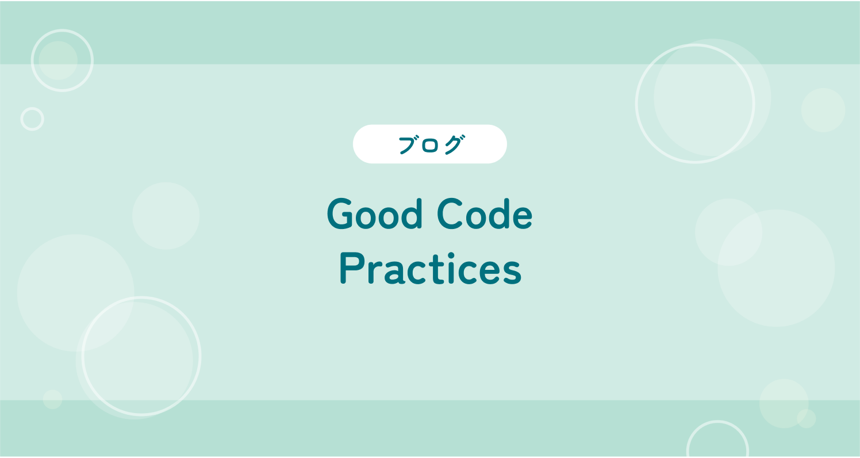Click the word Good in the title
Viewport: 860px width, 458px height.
[375, 213]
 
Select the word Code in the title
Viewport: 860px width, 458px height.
[485, 213]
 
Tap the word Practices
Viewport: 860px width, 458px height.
[431, 269]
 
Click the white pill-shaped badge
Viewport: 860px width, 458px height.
[430, 144]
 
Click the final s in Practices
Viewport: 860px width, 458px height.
[511, 272]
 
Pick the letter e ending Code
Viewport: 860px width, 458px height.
[521, 217]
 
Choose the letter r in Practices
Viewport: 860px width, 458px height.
[374, 272]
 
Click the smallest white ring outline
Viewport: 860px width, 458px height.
[32, 108]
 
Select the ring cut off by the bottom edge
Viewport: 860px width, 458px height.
[717, 422]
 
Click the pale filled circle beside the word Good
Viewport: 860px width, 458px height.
[166, 216]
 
